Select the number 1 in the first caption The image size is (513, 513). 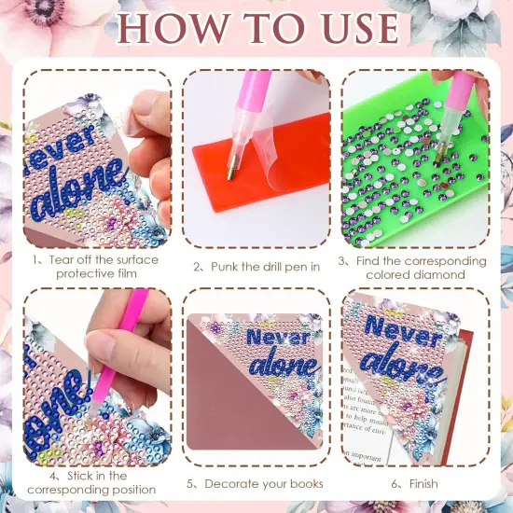[x=35, y=259]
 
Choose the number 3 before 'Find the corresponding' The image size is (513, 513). [x=343, y=261]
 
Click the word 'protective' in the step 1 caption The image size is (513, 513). [x=80, y=273]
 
